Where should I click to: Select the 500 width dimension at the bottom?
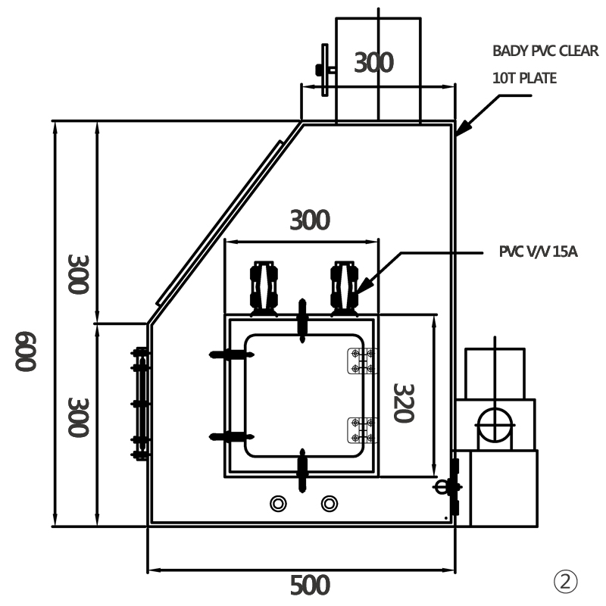310,585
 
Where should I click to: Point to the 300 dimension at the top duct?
373,62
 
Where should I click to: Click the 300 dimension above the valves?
310,220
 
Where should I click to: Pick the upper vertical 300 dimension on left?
79,273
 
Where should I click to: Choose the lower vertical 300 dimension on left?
79,417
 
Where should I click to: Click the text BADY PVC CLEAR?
545,52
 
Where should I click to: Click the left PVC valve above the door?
264,286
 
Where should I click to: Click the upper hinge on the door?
361,361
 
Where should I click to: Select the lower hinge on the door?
361,430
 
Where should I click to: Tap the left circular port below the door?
278,502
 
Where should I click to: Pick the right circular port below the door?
329,502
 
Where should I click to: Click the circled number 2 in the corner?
565,582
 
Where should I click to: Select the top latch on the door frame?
303,321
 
